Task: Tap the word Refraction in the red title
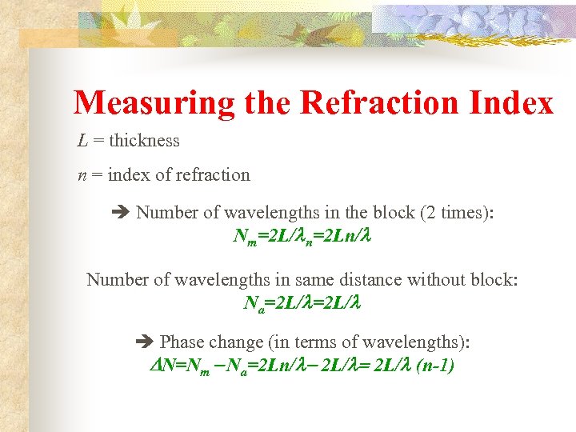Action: [364, 103]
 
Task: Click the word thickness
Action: [144, 141]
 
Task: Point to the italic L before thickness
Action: [82, 141]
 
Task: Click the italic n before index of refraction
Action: [82, 175]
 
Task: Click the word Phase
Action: [183, 342]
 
